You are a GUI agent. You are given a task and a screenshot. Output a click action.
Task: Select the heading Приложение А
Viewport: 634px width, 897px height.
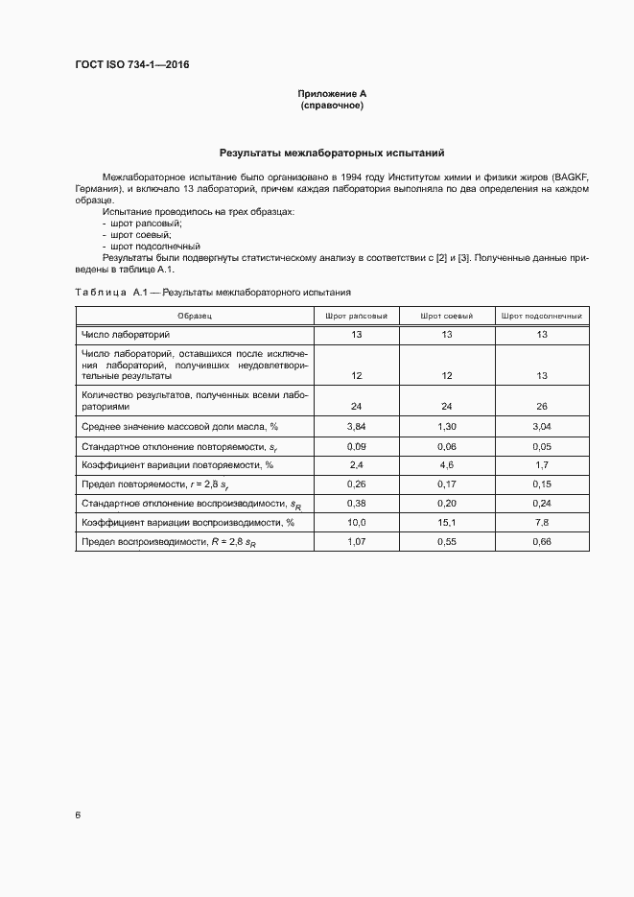click(x=332, y=94)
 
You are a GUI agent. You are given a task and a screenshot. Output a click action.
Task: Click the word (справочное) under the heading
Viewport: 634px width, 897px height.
click(x=332, y=106)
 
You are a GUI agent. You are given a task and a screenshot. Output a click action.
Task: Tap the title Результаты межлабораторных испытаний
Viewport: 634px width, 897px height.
click(x=332, y=153)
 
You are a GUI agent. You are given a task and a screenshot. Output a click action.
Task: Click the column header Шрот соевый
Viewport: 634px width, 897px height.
click(x=446, y=315)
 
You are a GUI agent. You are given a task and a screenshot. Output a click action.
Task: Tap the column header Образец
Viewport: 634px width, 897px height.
click(x=194, y=315)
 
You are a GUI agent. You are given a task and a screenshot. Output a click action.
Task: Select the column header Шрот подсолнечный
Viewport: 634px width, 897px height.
click(x=541, y=315)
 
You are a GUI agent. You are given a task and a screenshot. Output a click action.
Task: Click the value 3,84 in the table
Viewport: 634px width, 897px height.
click(x=356, y=426)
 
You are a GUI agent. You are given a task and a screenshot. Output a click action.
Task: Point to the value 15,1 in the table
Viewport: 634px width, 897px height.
click(x=446, y=523)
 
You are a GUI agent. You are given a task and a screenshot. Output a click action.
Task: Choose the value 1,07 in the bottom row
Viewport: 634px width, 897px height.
click(x=356, y=542)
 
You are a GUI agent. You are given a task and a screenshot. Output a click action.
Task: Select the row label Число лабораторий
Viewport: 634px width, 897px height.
click(x=126, y=334)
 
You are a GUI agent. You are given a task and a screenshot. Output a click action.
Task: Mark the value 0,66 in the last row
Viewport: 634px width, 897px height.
click(x=541, y=542)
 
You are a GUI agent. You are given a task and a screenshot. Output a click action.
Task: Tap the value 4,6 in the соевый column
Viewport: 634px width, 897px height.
click(x=446, y=464)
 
